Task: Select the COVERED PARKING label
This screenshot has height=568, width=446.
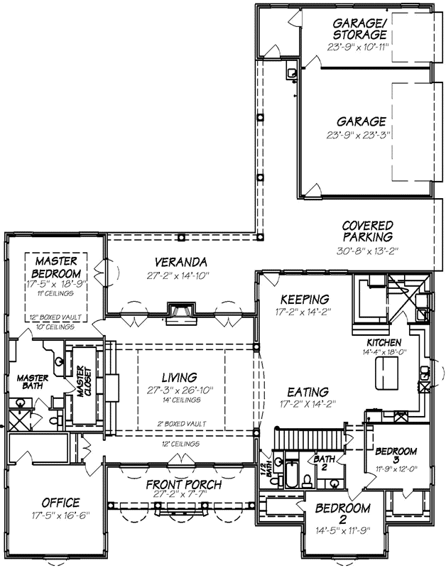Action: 368,231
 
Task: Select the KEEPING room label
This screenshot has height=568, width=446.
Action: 304,299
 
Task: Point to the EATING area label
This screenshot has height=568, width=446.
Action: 308,391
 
